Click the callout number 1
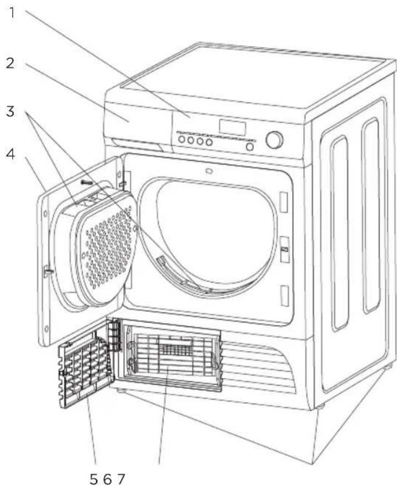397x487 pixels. pos(10,12)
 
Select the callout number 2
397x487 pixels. pos(10,63)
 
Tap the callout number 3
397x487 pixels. pos(10,111)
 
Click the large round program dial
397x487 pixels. pos(274,140)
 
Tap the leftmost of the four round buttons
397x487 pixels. pos(182,141)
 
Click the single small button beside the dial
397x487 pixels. pos(250,147)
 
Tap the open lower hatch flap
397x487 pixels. pos(86,367)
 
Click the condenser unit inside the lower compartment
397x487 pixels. pos(172,356)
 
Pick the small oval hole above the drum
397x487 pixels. pos(208,171)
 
